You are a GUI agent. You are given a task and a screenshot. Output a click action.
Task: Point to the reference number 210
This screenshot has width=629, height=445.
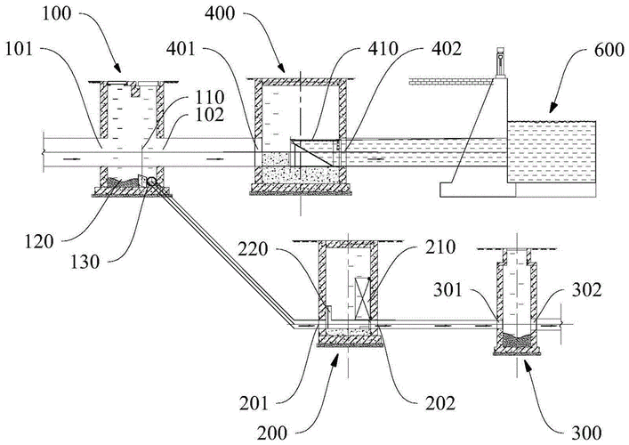click(x=416, y=247)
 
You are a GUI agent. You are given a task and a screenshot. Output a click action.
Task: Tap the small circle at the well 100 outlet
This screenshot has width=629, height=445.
click(x=152, y=183)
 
